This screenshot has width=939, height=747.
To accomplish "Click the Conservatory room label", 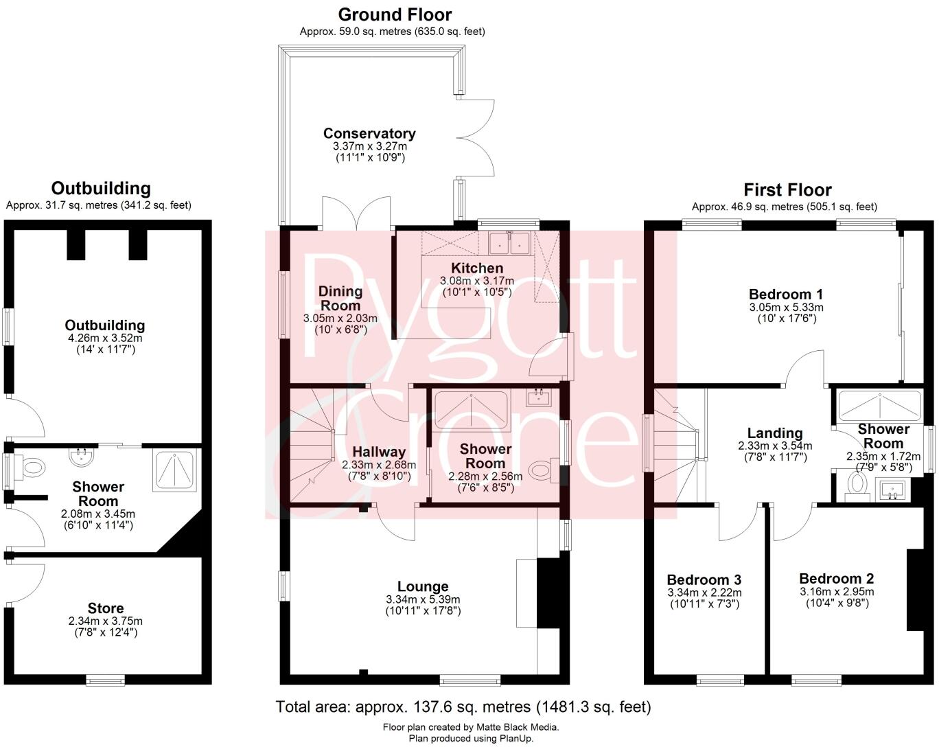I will pos(369,133).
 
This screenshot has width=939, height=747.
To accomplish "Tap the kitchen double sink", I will pos(509,242).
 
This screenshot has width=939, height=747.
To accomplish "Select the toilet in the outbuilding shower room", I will pos(31,470).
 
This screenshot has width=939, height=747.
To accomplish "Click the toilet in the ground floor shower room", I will pos(542,470).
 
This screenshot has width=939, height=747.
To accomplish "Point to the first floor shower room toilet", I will pos(856,483).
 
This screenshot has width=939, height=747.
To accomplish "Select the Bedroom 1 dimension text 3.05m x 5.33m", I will pos(786,308).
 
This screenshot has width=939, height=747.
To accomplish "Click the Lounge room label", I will pos(423,586).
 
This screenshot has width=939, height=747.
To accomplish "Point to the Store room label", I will pos(106,608).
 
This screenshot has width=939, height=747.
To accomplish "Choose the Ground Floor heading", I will pos(395,14).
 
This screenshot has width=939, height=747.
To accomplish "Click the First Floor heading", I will pos(787,190).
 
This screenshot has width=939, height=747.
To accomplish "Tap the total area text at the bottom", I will pos(463,706).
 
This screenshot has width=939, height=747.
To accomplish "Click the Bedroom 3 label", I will pos(704,579).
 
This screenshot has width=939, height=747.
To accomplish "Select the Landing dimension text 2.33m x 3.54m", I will pos(775,446).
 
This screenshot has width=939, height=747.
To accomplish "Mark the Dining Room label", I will pos(340,298).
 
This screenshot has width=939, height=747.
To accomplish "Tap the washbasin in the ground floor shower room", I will pos(538,397).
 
